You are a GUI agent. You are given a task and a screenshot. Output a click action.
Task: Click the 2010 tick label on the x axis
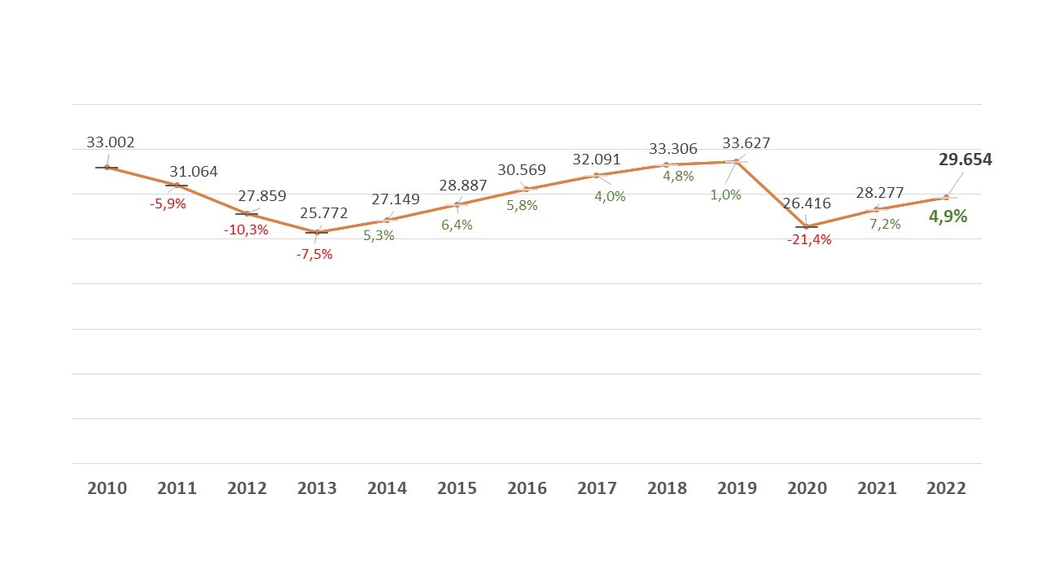click(x=107, y=488)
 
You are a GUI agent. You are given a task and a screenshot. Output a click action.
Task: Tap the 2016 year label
click(x=527, y=488)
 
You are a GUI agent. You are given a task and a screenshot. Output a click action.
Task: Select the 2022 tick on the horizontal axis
click(x=946, y=488)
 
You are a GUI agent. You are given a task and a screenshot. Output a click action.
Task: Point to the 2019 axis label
click(x=737, y=488)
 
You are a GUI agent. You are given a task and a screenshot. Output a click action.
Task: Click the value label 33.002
click(x=111, y=142)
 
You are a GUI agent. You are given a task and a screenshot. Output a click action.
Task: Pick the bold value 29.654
click(x=965, y=160)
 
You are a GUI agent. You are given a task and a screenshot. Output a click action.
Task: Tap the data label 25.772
click(x=323, y=213)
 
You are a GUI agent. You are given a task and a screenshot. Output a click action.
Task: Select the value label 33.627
click(x=746, y=143)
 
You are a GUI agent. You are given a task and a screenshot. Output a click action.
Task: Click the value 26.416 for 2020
click(x=807, y=203)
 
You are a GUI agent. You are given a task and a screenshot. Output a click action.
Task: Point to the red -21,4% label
click(x=809, y=240)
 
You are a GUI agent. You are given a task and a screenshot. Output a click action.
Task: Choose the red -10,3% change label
click(x=246, y=230)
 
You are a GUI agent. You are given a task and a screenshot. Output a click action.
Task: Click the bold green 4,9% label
click(x=948, y=216)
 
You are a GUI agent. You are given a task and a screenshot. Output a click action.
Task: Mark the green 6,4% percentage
click(x=457, y=225)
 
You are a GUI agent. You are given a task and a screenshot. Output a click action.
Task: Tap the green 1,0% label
click(x=725, y=195)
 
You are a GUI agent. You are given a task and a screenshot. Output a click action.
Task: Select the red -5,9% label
click(x=168, y=203)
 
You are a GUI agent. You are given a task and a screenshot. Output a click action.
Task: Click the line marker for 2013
click(x=317, y=232)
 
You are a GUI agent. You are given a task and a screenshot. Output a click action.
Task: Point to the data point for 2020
click(x=807, y=226)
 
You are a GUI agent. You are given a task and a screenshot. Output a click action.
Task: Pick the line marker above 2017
click(x=597, y=175)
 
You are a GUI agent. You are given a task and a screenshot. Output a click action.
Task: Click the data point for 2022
click(x=946, y=197)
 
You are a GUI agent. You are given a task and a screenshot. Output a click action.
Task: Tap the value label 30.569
click(x=522, y=170)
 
